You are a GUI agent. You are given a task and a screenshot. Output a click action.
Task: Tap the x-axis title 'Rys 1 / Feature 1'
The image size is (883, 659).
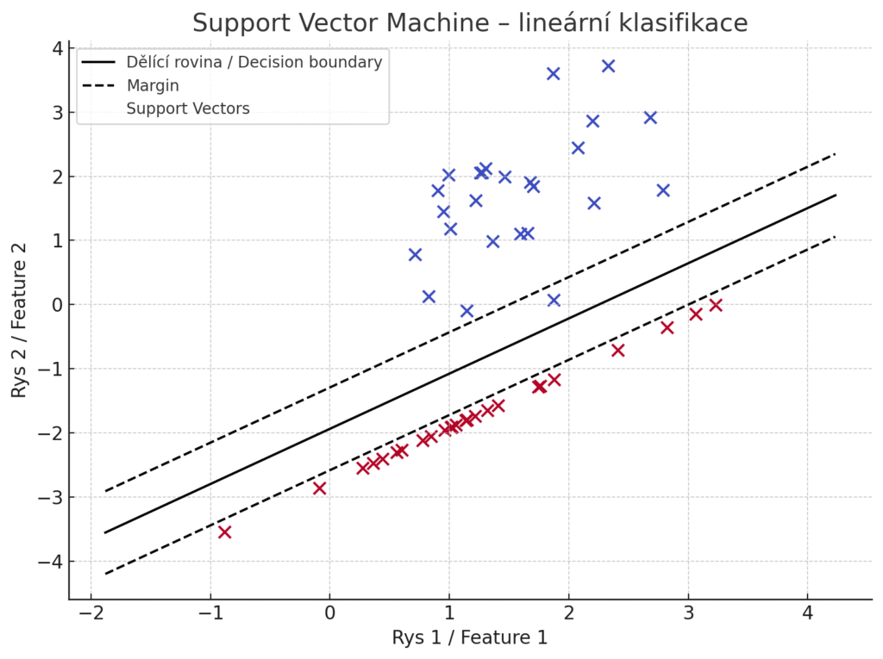(x=470, y=638)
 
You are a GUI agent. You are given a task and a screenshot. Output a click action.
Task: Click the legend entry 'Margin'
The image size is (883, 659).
(x=153, y=85)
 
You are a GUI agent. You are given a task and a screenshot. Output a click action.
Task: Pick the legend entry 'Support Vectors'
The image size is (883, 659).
(x=188, y=109)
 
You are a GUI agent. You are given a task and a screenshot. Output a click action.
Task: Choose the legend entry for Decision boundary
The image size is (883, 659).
(x=254, y=62)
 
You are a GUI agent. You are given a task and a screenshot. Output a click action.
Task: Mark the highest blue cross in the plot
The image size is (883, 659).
(x=608, y=65)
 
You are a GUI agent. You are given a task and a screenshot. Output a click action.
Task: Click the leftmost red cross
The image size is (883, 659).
(x=224, y=532)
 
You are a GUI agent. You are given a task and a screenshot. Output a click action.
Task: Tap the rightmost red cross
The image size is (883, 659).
(x=715, y=305)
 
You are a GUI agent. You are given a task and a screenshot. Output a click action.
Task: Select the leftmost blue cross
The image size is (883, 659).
(x=415, y=254)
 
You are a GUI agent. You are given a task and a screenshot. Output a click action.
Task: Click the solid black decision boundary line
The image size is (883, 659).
(x=470, y=364)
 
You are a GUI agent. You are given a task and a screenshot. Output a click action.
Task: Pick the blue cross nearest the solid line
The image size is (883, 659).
(x=554, y=300)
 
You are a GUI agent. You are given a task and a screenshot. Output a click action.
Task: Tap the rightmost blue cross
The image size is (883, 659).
(x=663, y=190)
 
